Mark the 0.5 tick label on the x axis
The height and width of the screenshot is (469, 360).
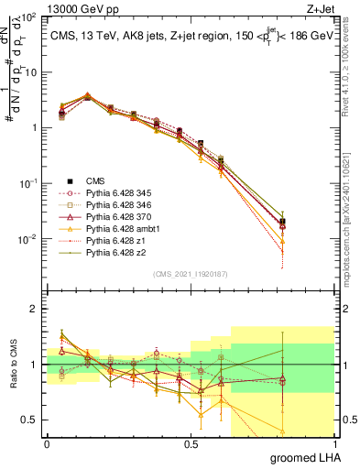point(191,444)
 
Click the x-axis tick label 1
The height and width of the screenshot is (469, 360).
point(335,444)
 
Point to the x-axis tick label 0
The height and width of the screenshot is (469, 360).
point(47,444)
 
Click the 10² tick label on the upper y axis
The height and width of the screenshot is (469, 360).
point(28,16)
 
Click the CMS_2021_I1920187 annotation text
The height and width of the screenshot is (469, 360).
point(191,274)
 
